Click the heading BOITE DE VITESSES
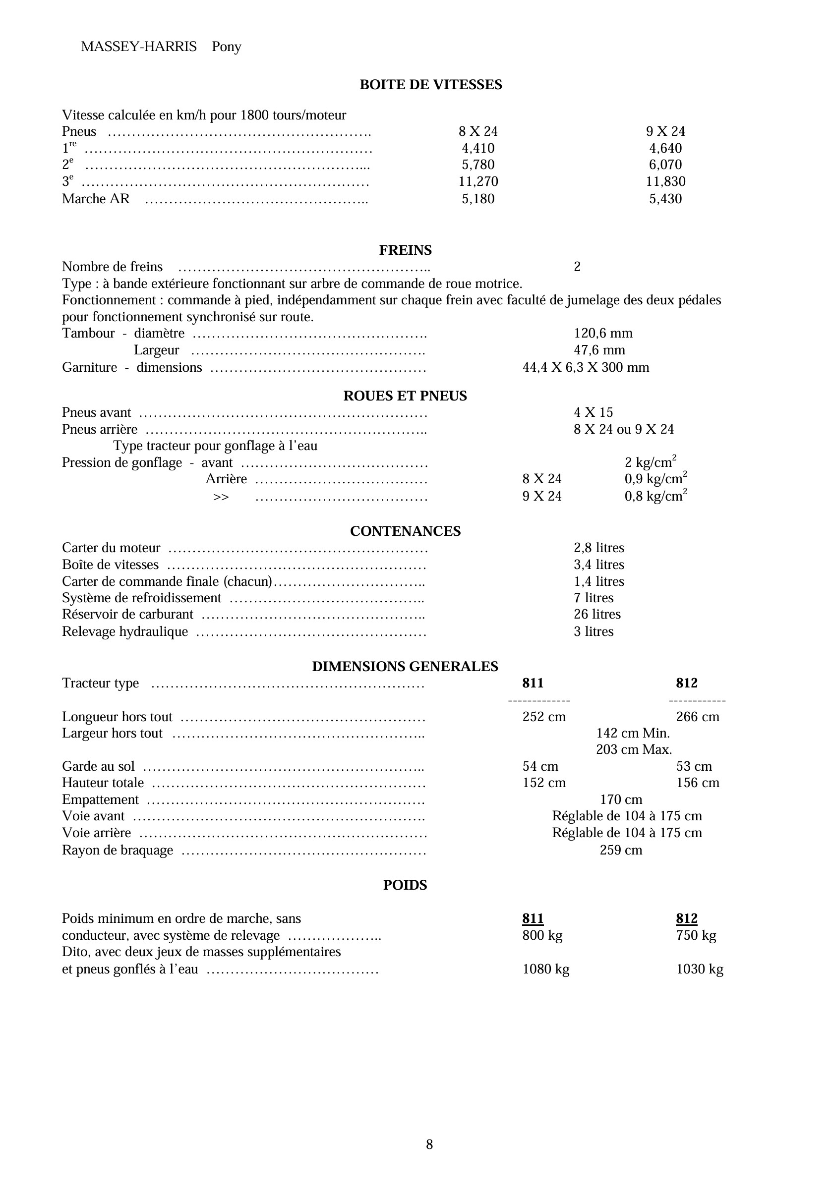tap(430, 85)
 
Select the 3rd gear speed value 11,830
tap(665, 181)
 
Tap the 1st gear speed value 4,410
tap(478, 148)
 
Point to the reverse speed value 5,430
tap(665, 198)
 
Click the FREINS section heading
tap(405, 250)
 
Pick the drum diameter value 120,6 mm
tap(603, 333)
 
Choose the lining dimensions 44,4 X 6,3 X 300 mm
tap(586, 367)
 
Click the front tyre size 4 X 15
tap(593, 412)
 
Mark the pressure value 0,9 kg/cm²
tap(655, 478)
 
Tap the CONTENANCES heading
tap(405, 531)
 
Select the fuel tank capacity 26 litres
tap(597, 614)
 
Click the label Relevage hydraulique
tap(125, 631)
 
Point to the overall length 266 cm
tap(698, 717)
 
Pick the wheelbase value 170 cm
tap(621, 799)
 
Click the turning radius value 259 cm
tap(621, 850)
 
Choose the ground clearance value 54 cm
tap(540, 766)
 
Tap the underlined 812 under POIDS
tap(687, 918)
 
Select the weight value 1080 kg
tap(545, 969)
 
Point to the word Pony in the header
tap(227, 47)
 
